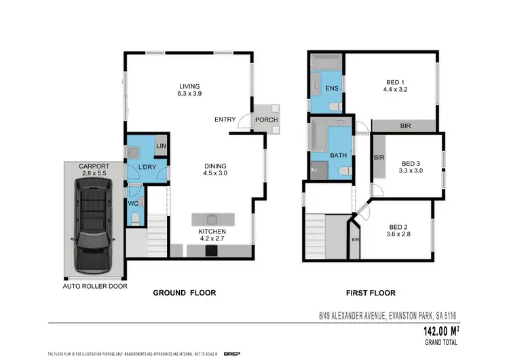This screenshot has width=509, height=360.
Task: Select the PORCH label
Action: click(x=265, y=120)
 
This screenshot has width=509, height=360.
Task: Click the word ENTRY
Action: click(x=225, y=120)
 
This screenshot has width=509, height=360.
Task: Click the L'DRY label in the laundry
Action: click(x=148, y=167)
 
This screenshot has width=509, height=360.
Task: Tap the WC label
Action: click(x=134, y=202)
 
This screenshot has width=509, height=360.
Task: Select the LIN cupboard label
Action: click(x=162, y=146)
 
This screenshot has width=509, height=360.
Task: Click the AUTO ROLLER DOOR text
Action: click(x=92, y=287)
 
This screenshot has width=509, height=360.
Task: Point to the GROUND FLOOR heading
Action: click(x=184, y=293)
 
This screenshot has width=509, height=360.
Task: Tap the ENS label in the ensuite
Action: click(x=332, y=89)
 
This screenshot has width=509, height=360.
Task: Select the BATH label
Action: click(x=338, y=155)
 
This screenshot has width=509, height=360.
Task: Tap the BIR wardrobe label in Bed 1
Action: click(x=405, y=126)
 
